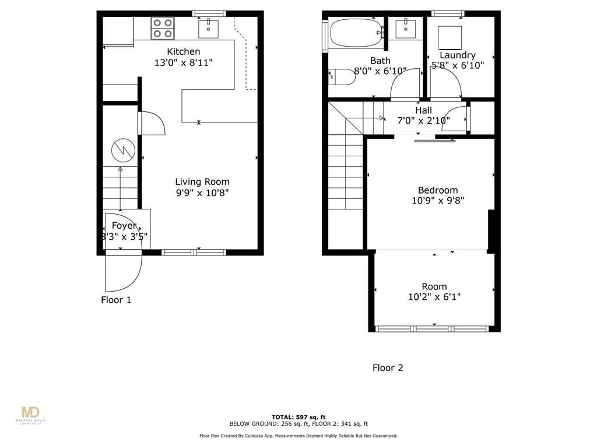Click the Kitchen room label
click(184, 52)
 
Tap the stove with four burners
click(163, 28)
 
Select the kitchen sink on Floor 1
click(208, 27)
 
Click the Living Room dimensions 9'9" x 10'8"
click(202, 193)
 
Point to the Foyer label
click(124, 226)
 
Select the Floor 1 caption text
click(116, 300)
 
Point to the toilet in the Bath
click(340, 77)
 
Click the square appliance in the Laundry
click(450, 37)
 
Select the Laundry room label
click(458, 55)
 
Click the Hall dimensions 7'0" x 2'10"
click(424, 121)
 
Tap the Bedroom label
click(438, 190)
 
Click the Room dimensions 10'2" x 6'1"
click(434, 297)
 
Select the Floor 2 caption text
click(388, 368)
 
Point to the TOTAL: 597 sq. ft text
click(298, 417)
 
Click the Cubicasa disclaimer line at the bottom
click(298, 436)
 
